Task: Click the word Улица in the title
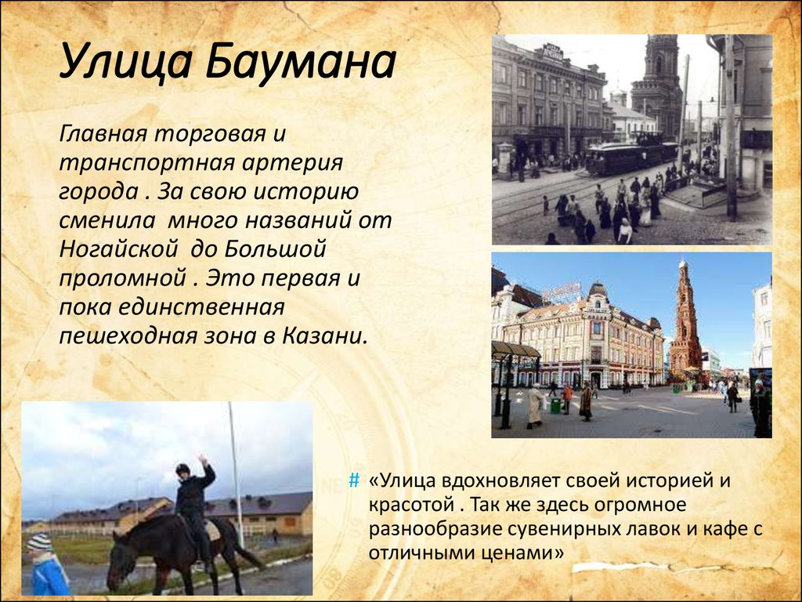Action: tap(126, 63)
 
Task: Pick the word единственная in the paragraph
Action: tap(201, 307)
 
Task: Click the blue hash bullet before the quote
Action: tap(354, 481)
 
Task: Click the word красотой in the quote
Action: tap(410, 505)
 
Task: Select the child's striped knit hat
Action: tap(39, 542)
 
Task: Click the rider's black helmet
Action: tap(182, 469)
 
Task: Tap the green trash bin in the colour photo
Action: tap(555, 406)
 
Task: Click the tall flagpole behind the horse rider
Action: tap(236, 474)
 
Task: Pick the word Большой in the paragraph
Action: tap(276, 250)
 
